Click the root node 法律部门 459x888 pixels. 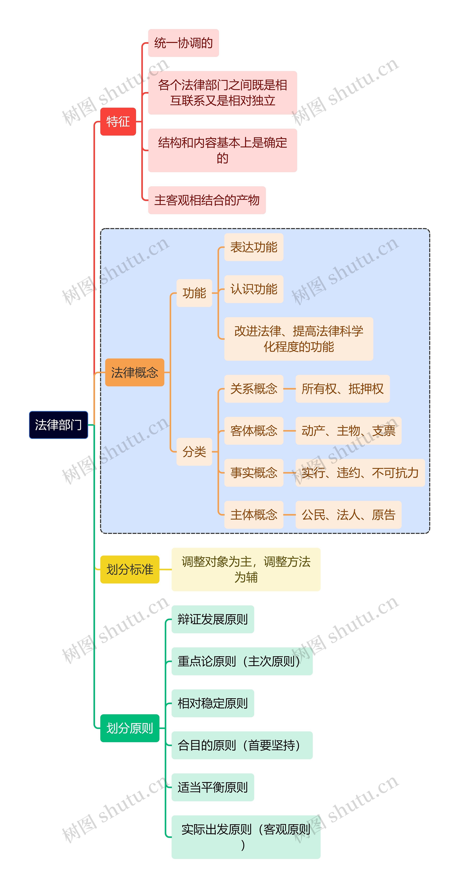pos(59,425)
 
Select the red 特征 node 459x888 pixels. pos(118,121)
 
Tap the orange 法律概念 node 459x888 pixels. pos(134,372)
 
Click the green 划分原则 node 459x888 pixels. pos(130,728)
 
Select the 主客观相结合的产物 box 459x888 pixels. pos(207,200)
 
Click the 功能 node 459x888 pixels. pos(194,293)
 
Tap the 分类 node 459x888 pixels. pos(194,452)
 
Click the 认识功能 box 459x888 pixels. pos(254,289)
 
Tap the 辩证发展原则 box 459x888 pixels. pos(213,619)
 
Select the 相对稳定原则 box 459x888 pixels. pos(213,703)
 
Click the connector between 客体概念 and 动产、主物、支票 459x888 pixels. pos(289,431)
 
